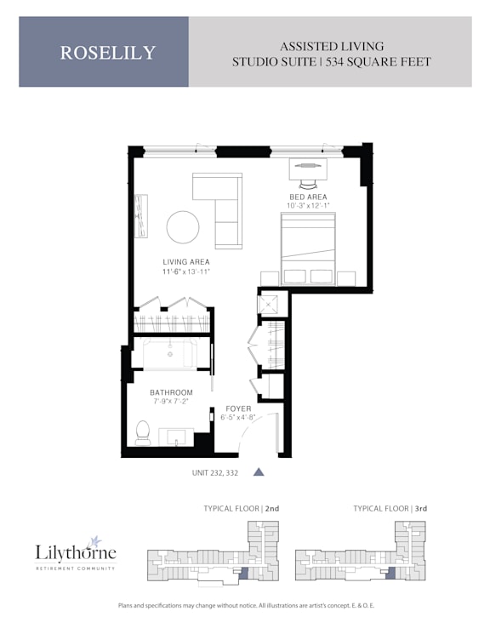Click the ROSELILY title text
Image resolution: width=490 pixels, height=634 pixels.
coord(108,53)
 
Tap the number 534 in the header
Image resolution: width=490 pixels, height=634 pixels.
coord(334,62)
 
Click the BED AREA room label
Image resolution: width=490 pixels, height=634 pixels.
coord(308,197)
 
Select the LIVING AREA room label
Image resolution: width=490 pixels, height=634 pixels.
coord(186,262)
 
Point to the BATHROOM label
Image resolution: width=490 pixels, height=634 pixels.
coord(172,392)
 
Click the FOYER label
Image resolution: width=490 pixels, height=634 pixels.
coord(238,408)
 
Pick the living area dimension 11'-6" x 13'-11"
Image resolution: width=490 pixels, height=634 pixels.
coord(186,271)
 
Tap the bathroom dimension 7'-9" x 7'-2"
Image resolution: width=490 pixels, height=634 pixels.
coord(172,401)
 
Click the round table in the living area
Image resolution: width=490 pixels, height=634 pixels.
coord(183,227)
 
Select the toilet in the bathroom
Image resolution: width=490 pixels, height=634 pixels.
coord(142,432)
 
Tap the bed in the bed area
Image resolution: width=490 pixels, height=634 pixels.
coord(308,248)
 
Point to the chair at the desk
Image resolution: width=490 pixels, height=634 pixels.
coord(308,184)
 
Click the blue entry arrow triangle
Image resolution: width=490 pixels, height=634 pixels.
coord(259,471)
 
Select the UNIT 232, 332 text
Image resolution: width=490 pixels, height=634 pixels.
coord(215,472)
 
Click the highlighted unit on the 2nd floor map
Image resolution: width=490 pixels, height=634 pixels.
coord(243,573)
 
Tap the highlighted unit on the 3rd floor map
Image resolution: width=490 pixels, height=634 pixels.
coord(390,573)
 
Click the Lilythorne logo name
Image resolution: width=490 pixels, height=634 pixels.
coord(76,552)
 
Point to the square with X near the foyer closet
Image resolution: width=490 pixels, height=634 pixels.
coord(268,305)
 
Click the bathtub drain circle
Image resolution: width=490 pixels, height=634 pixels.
coord(170,354)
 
